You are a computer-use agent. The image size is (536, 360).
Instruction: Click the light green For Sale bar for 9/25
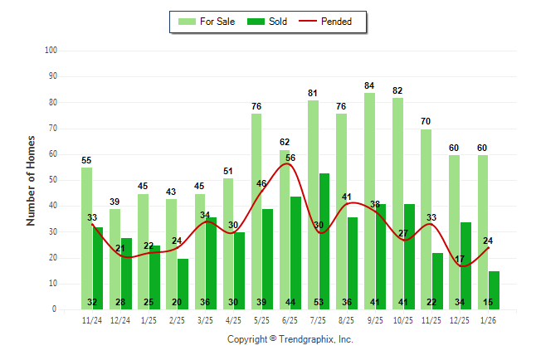tap(369, 199)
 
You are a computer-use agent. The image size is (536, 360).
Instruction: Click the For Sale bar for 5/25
tap(256, 207)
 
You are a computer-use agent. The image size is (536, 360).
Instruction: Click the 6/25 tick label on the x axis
tap(290, 319)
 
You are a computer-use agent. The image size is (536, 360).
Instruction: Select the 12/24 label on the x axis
tap(120, 319)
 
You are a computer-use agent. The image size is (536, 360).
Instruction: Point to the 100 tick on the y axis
tap(51, 51)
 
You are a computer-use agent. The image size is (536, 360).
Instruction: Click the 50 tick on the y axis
tap(52, 180)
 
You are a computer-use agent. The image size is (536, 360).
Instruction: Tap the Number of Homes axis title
tap(32, 180)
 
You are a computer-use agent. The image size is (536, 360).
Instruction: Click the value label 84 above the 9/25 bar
tap(369, 85)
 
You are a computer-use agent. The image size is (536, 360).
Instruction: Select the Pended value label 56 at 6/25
tap(290, 158)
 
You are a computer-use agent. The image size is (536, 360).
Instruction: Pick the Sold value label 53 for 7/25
tap(324, 302)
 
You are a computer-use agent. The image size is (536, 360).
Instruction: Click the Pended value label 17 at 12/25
tap(460, 260)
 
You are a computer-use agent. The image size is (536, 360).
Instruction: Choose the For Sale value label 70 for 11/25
tap(426, 122)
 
